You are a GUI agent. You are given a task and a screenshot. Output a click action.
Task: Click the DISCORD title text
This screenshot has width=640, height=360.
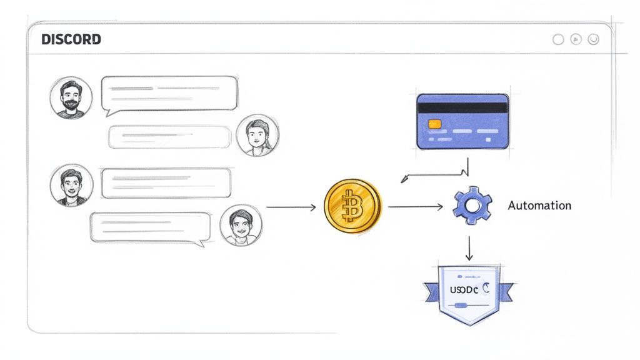(71, 39)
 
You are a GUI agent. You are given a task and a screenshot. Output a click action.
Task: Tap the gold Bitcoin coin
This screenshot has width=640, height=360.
(352, 207)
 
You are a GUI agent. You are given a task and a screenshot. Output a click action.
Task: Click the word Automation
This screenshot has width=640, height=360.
(539, 206)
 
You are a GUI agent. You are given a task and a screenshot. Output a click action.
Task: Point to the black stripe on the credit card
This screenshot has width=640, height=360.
(462, 107)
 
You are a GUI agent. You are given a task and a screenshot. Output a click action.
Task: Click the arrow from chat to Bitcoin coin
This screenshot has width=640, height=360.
(291, 207)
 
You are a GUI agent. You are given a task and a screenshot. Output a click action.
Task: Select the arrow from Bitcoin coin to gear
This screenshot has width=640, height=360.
(416, 207)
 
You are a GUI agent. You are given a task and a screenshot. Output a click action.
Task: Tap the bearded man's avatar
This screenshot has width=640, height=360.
(71, 97)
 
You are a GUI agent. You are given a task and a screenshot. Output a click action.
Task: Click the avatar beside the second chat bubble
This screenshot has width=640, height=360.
(257, 136)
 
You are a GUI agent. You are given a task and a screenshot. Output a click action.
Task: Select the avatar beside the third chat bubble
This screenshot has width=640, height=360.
(71, 185)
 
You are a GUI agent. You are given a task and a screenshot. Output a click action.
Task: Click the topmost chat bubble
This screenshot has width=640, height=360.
(170, 94)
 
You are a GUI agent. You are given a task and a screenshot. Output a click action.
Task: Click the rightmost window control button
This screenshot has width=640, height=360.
(593, 39)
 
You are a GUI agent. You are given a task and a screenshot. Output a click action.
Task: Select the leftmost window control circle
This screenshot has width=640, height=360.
(558, 39)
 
